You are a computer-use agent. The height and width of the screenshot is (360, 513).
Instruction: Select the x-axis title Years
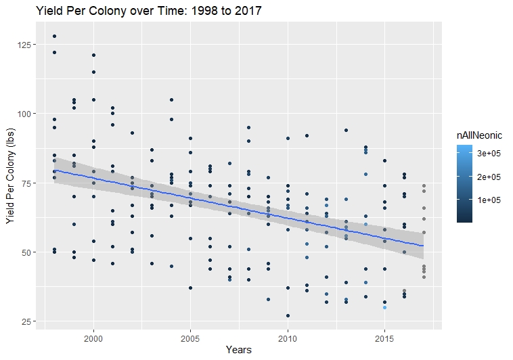pyautogui.click(x=238, y=350)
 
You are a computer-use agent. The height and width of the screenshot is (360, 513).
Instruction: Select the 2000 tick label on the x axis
pyautogui.click(x=93, y=336)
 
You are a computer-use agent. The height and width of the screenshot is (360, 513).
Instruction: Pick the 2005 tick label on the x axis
pyautogui.click(x=190, y=336)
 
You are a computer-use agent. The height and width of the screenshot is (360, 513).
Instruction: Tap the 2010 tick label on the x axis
pyautogui.click(x=288, y=336)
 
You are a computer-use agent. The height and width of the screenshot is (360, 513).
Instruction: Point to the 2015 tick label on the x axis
pyautogui.click(x=384, y=336)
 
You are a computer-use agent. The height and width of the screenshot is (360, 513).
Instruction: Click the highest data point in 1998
pyautogui.click(x=54, y=36)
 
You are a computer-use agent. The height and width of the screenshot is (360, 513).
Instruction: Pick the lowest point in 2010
pyautogui.click(x=288, y=315)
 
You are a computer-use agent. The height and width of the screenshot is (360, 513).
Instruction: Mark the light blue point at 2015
pyautogui.click(x=384, y=307)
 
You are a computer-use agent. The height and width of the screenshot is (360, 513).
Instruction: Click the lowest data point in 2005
pyautogui.click(x=190, y=288)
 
